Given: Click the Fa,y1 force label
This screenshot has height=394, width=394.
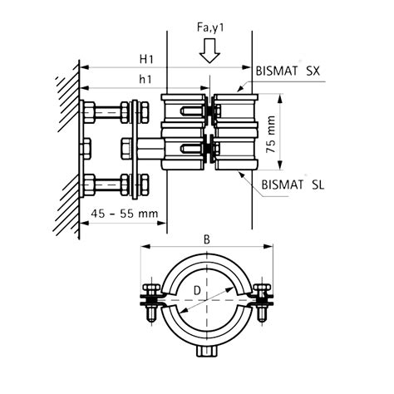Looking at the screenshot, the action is pyautogui.click(x=210, y=28).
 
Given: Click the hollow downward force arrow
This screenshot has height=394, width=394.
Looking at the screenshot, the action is pyautogui.click(x=209, y=51).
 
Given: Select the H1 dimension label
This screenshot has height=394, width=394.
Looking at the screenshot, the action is pyautogui.click(x=146, y=59).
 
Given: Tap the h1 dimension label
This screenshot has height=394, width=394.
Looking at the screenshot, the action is pyautogui.click(x=145, y=80).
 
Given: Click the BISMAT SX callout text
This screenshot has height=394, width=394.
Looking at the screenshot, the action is pyautogui.click(x=288, y=71).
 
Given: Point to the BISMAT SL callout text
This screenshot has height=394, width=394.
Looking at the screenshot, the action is pyautogui.click(x=293, y=185).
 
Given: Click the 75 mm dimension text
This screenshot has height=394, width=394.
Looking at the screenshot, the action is pyautogui.click(x=271, y=134).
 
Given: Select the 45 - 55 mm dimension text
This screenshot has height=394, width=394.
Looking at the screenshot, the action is pyautogui.click(x=125, y=214).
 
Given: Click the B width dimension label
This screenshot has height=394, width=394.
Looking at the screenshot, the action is pyautogui.click(x=207, y=240).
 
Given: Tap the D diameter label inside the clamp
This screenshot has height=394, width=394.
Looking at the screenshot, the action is pyautogui.click(x=197, y=291).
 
